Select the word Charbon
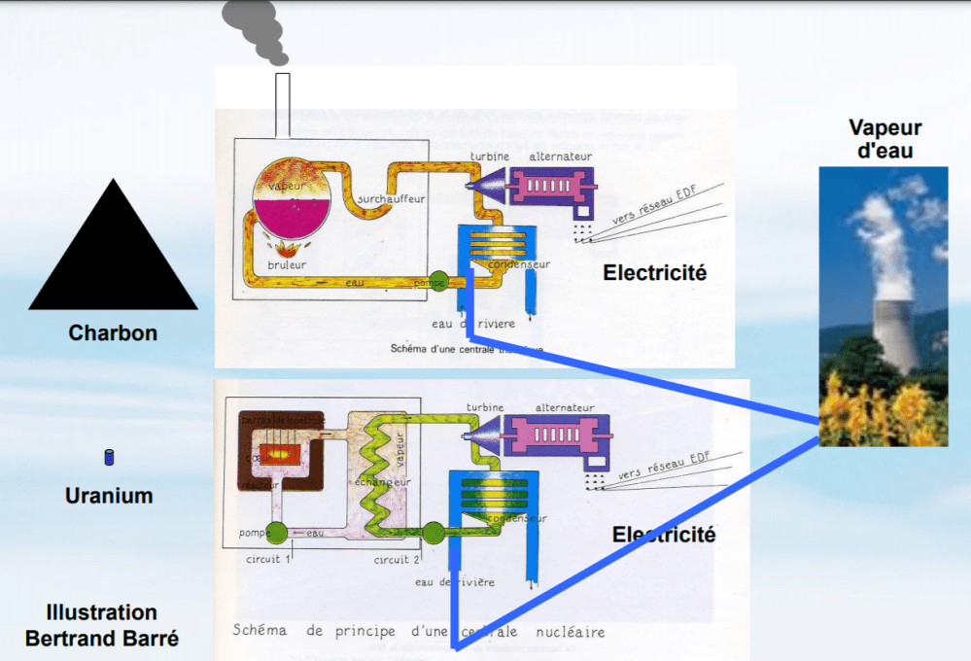113,333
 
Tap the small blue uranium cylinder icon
110,457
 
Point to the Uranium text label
109,496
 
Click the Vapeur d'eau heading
884,139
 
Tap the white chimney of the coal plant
281,102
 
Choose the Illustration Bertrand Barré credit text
102,626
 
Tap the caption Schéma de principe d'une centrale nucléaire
418,632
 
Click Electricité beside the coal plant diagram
654,273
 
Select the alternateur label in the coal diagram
561,157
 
